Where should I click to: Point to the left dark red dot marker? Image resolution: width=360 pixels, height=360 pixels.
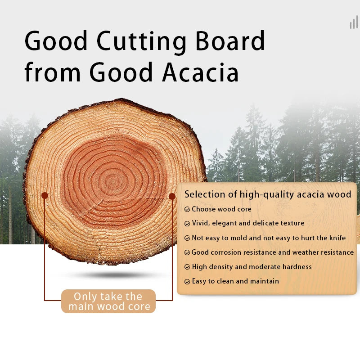tap(45, 195)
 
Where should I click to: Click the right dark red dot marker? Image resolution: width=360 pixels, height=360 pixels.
tap(172, 196)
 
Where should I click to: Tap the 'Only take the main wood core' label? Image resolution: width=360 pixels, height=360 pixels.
tap(108, 301)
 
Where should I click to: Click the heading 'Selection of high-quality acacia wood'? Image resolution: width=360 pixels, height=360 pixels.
tap(267, 194)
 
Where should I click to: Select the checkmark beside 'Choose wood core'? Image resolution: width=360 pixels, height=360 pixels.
tap(187, 209)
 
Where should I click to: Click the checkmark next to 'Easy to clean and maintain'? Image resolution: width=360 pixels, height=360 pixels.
tap(187, 282)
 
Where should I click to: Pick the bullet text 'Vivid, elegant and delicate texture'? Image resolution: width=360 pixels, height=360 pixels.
tap(248, 223)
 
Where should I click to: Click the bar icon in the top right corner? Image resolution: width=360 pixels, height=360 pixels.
tap(354, 23)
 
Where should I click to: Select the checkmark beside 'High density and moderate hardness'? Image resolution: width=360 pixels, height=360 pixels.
tap(187, 267)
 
